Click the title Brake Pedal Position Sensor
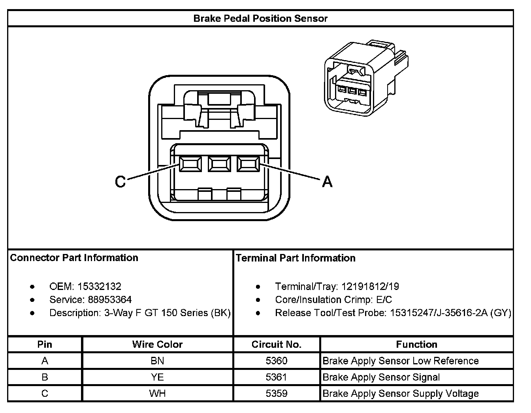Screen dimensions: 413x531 coord(260,19)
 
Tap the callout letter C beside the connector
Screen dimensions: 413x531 coord(120,182)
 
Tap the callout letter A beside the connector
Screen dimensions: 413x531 coord(327,182)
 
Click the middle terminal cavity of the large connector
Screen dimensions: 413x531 coord(219,164)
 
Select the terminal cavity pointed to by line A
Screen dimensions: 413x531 coord(248,164)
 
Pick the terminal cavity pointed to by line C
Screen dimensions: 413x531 coord(190,164)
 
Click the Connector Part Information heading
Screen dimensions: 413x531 coord(74,258)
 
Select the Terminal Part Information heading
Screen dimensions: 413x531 coord(296,258)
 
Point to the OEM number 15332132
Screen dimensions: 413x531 coord(99,286)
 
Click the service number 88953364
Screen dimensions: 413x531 coord(110,299)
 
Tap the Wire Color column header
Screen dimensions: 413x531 coord(157,345)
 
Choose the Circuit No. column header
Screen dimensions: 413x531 coord(277,345)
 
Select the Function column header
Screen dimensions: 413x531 coord(416,345)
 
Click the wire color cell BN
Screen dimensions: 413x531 coord(157,361)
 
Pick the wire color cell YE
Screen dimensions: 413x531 coord(157,377)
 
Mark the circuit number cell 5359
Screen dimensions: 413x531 coord(277,394)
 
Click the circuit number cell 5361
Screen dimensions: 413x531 coord(277,377)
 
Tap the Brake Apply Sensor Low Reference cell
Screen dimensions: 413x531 coord(401,361)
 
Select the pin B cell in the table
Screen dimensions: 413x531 coord(45,377)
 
